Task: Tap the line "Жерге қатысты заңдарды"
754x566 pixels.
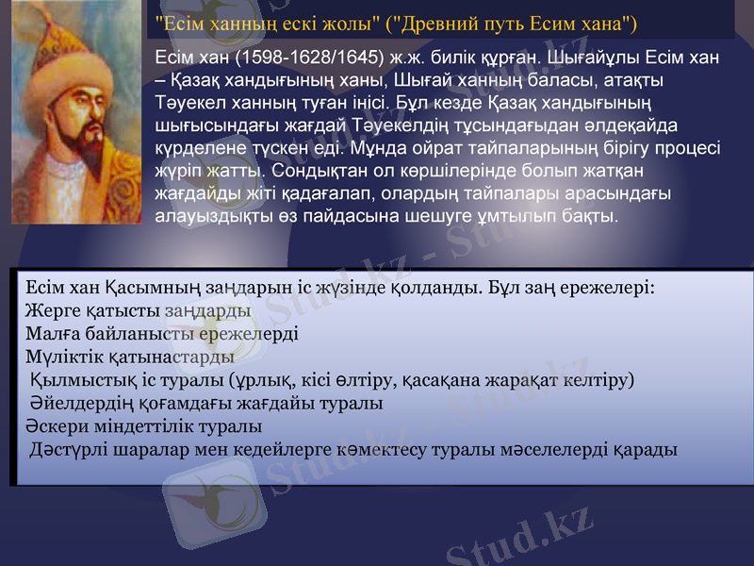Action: (x=139, y=309)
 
